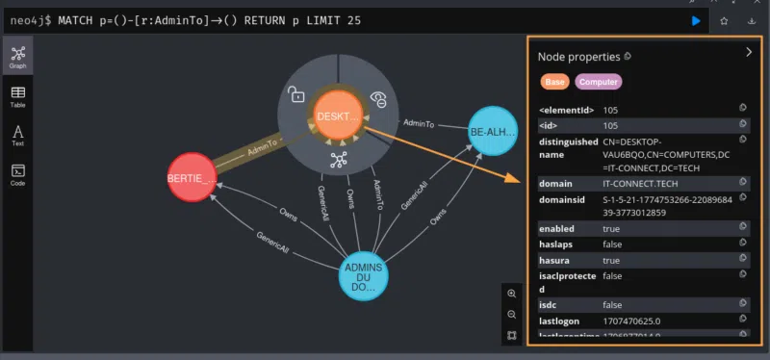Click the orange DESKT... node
point(338,116)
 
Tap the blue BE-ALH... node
point(492,132)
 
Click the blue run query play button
point(696,20)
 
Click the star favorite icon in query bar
point(723,20)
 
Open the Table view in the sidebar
point(17,97)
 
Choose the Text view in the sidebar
point(17,136)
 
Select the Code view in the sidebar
point(17,175)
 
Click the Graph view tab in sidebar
point(17,57)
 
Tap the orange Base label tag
point(554,83)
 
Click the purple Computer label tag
point(599,83)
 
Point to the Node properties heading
point(578,57)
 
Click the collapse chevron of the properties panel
point(748,53)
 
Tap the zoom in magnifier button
point(511,294)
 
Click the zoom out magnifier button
point(511,315)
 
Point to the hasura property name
point(556,260)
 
